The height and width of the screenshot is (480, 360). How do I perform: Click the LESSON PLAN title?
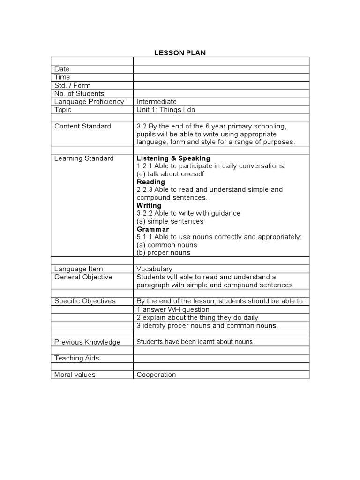(x=180, y=53)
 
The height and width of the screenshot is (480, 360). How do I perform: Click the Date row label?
(x=62, y=69)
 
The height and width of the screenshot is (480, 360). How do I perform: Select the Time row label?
(x=62, y=77)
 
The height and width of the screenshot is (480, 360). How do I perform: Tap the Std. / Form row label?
(x=72, y=85)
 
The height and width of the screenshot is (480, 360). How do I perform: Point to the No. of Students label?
(x=79, y=93)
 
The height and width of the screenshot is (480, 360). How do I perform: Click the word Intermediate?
(x=157, y=102)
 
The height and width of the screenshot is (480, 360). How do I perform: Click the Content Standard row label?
(x=82, y=126)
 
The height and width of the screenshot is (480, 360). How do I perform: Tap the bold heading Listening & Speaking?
(x=173, y=158)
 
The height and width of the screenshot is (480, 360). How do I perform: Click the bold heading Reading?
(x=151, y=182)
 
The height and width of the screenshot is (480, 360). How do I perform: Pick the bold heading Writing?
(x=149, y=205)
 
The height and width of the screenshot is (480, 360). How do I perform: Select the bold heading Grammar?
(x=153, y=229)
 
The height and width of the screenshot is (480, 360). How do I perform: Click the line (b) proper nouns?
(x=164, y=253)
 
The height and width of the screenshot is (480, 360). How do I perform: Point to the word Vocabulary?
(x=155, y=269)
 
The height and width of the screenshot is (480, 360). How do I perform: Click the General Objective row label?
(x=83, y=277)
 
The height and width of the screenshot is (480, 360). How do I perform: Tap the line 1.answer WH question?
(x=173, y=309)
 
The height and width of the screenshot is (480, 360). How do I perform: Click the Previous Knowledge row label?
(x=87, y=342)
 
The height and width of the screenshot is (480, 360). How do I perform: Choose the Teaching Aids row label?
(x=76, y=358)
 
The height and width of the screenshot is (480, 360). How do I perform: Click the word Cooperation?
(x=157, y=375)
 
